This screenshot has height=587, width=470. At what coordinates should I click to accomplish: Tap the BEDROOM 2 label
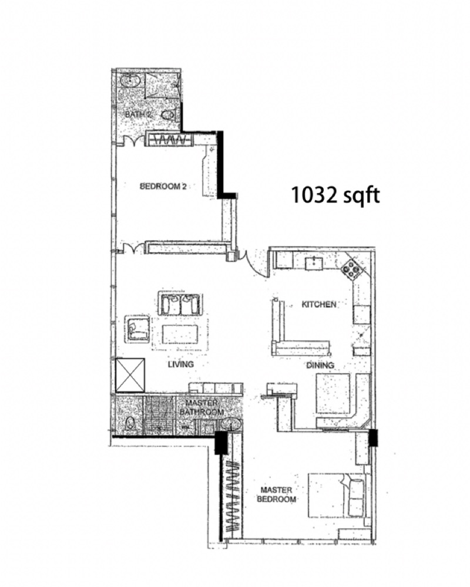(163, 186)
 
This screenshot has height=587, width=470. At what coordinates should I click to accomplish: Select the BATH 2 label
(138, 114)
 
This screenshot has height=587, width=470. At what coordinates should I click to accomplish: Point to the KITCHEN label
(319, 304)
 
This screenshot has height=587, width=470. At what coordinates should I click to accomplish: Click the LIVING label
(180, 364)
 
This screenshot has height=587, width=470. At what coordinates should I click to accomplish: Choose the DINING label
(320, 365)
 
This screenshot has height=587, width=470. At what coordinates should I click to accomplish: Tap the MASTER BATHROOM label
(202, 407)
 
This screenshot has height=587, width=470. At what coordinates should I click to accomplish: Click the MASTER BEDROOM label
(276, 494)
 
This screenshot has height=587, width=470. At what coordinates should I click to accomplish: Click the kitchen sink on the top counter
(314, 263)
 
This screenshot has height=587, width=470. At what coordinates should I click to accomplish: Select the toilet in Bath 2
(169, 115)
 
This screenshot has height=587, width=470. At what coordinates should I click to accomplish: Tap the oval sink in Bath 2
(131, 80)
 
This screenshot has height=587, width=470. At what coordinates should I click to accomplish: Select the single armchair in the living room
(138, 329)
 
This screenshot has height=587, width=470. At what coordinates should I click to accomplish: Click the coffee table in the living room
(180, 334)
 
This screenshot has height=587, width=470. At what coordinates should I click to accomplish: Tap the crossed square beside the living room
(130, 375)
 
